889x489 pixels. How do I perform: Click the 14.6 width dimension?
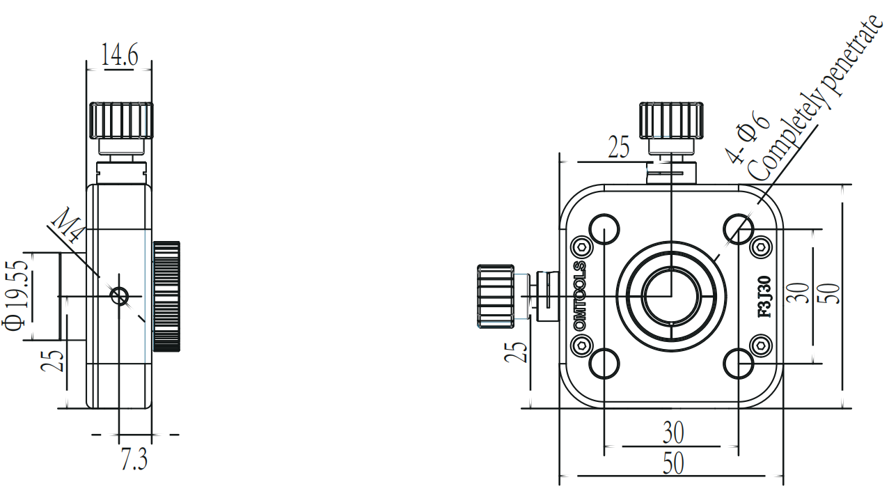coord(120,54)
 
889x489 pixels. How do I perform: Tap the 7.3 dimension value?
coord(134,459)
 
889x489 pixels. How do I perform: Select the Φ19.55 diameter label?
coord(16,295)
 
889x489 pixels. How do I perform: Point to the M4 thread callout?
coord(68,225)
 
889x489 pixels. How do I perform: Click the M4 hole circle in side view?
coord(119,296)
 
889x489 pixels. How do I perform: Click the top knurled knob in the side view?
coord(121,121)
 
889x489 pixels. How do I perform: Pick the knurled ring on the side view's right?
coord(166,296)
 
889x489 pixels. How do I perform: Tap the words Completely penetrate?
coord(816,98)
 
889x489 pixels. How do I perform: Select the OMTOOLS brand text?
coord(580,295)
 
